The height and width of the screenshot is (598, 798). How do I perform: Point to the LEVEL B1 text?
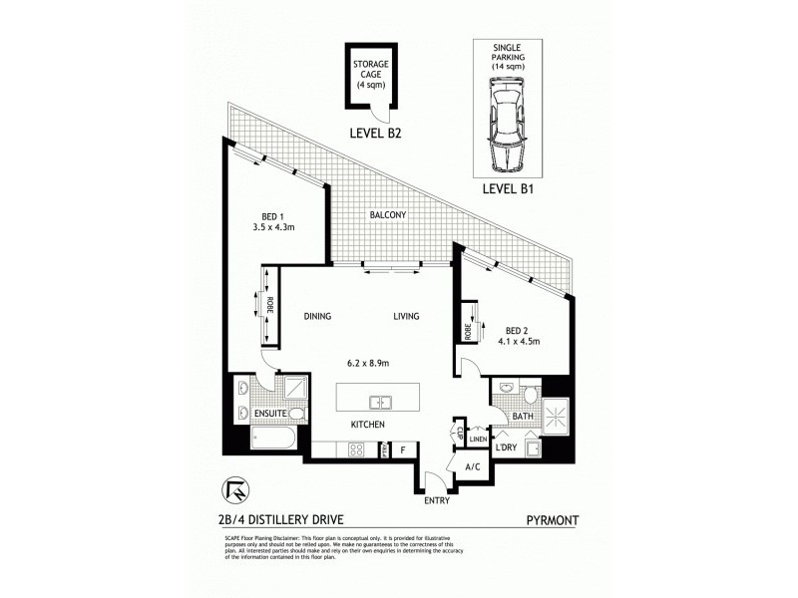coord(510,186)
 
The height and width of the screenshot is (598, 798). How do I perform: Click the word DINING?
coord(317,317)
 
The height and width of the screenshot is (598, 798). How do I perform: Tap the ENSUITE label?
coord(269,412)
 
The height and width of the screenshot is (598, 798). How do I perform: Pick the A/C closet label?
coord(474,465)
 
